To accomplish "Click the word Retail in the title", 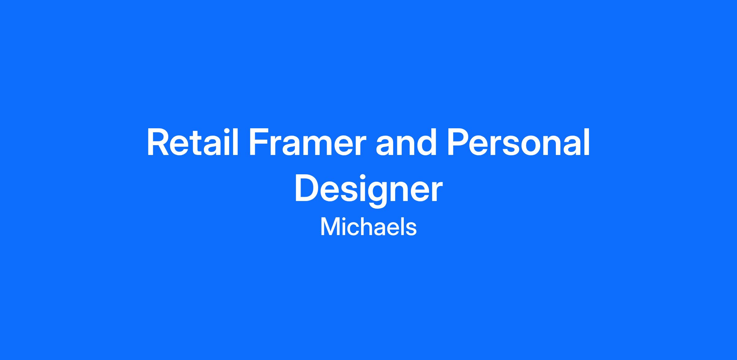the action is point(193,143).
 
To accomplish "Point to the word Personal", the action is point(518,143).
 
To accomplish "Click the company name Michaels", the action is point(368,227).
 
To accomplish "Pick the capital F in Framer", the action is point(259,143).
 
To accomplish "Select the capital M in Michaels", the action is point(329,227).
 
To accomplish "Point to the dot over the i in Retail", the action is point(227,131).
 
